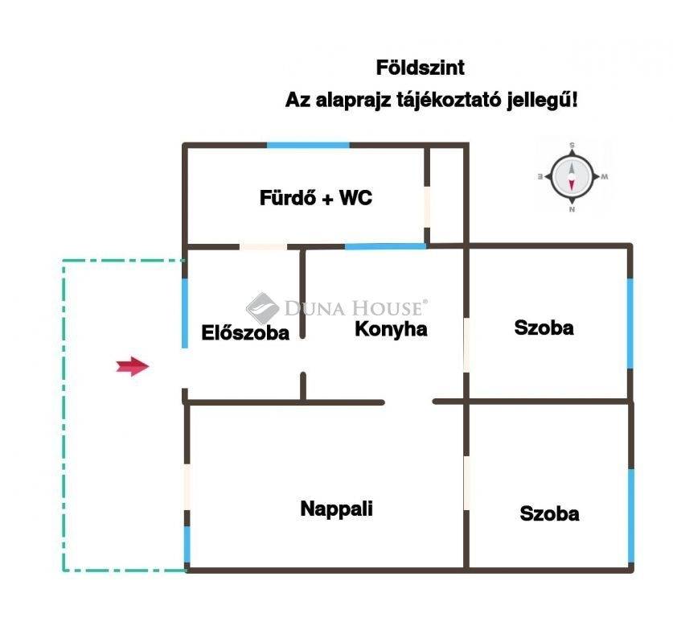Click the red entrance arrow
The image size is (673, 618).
point(133,366)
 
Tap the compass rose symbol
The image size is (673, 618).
point(572,177)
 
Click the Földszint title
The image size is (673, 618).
point(421,68)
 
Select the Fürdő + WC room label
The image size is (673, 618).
point(316,198)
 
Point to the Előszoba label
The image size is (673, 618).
point(245,333)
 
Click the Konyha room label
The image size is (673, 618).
point(391,329)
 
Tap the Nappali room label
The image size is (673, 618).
point(336,509)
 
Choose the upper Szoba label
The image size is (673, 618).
point(544,328)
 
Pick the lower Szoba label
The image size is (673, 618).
point(549,513)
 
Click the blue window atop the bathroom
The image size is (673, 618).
point(308,145)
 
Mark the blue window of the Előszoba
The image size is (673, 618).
point(185,313)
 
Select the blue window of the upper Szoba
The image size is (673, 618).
point(630,323)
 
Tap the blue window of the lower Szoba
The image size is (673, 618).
point(631,516)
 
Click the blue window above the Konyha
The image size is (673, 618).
point(385,246)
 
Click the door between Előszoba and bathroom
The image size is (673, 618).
point(263,247)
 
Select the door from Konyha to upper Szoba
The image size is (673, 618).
point(466,345)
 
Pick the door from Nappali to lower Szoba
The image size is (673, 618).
point(466,483)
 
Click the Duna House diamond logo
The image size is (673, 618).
point(262,308)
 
